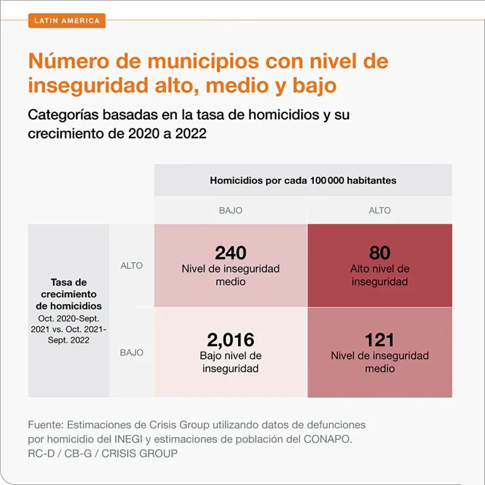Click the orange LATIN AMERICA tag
coord(67,21)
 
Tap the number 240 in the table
coord(231,253)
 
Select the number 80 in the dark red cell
coord(380,253)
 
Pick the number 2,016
coord(231,340)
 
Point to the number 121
coord(380,340)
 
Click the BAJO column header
coord(231,211)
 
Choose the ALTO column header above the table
coord(380,211)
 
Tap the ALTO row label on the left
coord(131,266)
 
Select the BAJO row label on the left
coord(131,352)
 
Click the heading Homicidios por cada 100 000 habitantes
coord(303,181)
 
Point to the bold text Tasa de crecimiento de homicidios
coord(69,294)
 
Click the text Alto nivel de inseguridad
coord(380,275)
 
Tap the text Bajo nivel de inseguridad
coord(231,362)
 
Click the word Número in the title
coord(69,61)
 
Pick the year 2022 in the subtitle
coord(191,134)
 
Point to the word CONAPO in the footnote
coord(328,440)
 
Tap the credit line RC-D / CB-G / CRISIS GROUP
coord(103,453)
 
